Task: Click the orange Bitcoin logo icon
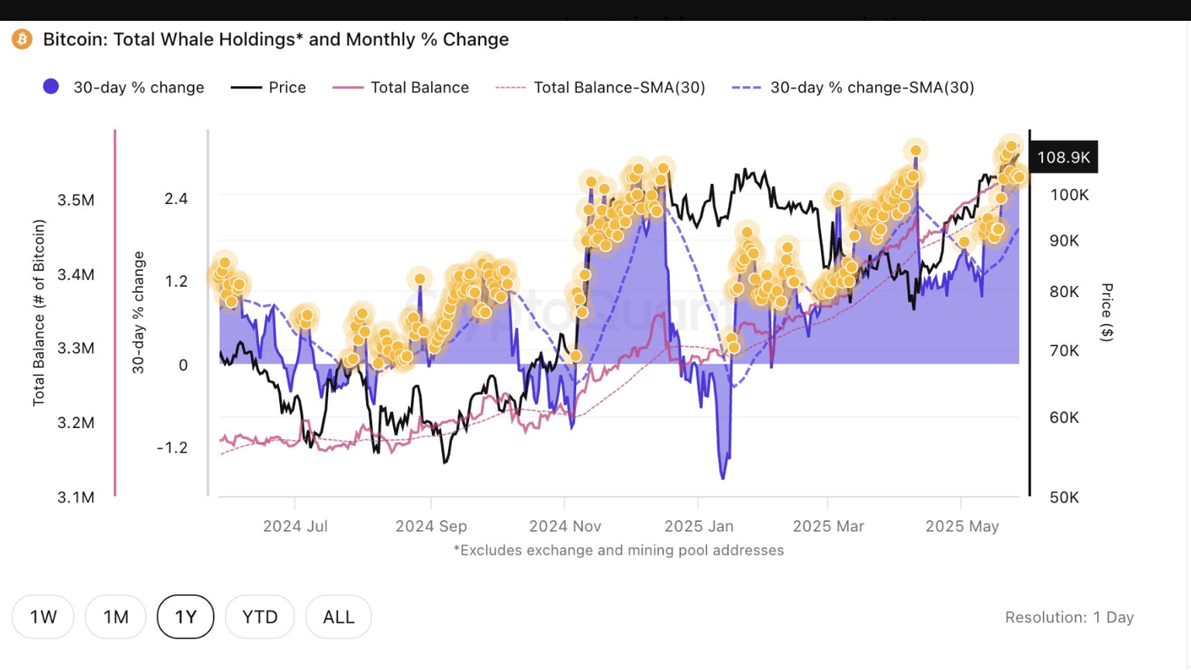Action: tap(22, 39)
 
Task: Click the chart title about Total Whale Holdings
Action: tap(275, 40)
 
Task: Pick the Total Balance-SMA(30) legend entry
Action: tap(619, 88)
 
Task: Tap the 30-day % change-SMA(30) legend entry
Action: tap(872, 88)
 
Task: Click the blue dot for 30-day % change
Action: tap(51, 87)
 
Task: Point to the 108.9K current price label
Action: tap(1063, 157)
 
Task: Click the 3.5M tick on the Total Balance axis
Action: tap(76, 200)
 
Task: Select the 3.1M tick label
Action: tap(76, 497)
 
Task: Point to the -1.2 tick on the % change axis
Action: tap(172, 447)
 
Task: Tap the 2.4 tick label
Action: tap(176, 199)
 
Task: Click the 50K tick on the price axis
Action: tap(1064, 497)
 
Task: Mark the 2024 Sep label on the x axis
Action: tap(431, 527)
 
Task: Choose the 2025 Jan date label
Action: tap(699, 527)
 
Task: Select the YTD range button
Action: tap(260, 617)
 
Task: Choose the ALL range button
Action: tap(339, 617)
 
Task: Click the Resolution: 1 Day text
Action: tap(1069, 617)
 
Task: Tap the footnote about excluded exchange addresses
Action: tap(618, 551)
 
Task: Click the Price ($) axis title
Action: tap(1107, 313)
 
